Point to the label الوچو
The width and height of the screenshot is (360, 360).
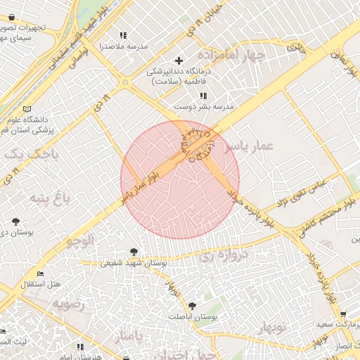point(80,241)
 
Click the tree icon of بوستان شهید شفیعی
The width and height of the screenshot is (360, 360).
point(134,251)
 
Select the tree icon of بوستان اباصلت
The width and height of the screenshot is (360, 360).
point(193,305)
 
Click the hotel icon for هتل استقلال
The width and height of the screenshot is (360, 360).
point(40,274)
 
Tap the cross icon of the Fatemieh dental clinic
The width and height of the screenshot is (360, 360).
point(179,60)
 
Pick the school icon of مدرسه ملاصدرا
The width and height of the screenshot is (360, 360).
point(124,35)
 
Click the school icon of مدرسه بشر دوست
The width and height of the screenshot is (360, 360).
point(203,95)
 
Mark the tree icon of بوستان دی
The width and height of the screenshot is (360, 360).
point(15,221)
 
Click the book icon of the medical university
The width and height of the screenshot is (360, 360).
point(27,110)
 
